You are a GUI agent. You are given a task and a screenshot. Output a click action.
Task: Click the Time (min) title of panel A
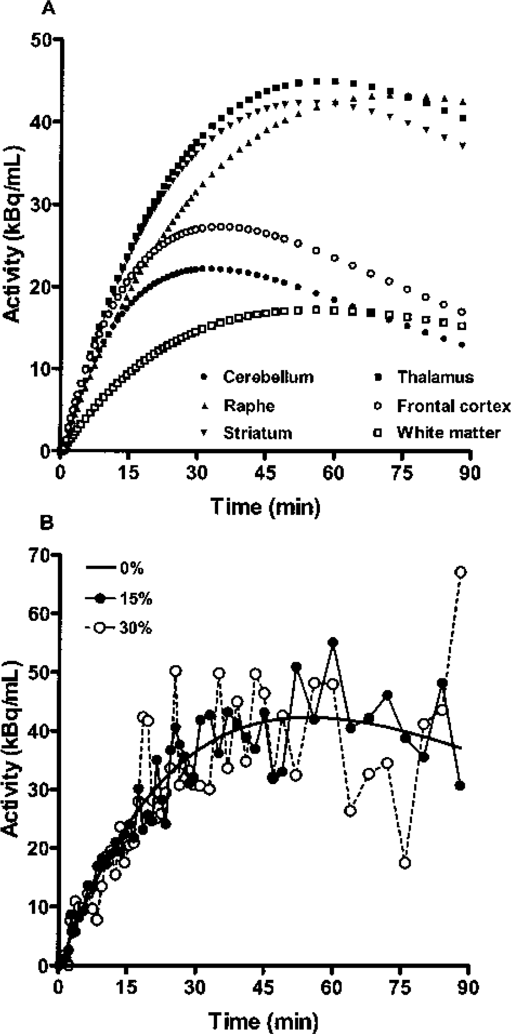point(265,506)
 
